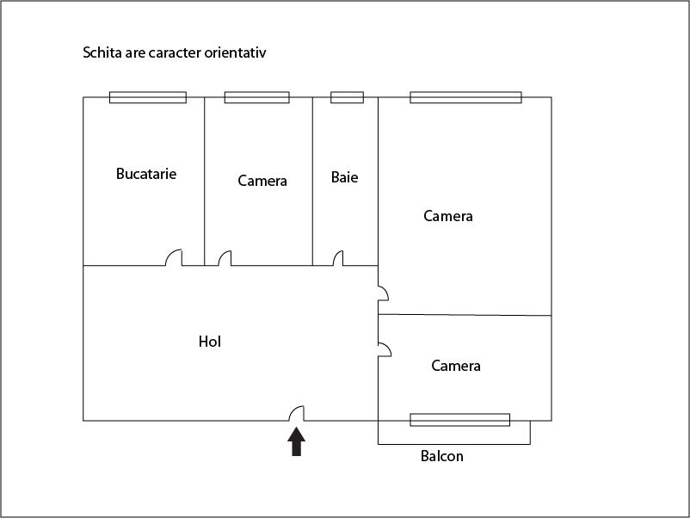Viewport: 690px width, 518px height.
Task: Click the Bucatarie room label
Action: [x=146, y=174]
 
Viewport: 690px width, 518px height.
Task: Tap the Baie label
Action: [x=344, y=177]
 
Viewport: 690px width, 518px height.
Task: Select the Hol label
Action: [x=210, y=342]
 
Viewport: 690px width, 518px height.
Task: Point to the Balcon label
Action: [x=441, y=456]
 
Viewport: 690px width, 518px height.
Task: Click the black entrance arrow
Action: [x=296, y=441]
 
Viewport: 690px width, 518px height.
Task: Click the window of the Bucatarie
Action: [x=147, y=97]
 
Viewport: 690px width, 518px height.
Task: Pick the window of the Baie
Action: [x=347, y=97]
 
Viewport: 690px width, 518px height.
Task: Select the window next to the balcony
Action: [x=459, y=420]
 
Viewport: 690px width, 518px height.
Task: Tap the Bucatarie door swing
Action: [x=175, y=257]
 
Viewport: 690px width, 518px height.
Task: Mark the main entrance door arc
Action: [x=296, y=414]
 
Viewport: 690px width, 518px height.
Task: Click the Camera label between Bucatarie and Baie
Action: [x=262, y=181]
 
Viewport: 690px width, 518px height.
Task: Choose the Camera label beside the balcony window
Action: [x=456, y=366]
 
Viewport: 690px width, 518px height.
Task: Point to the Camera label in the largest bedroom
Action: [x=448, y=216]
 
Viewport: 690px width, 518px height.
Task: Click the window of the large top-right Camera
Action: [x=465, y=97]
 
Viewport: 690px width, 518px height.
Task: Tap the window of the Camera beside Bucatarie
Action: [x=256, y=97]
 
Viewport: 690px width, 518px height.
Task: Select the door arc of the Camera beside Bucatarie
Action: [x=225, y=257]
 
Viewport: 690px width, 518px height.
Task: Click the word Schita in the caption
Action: [x=101, y=52]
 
